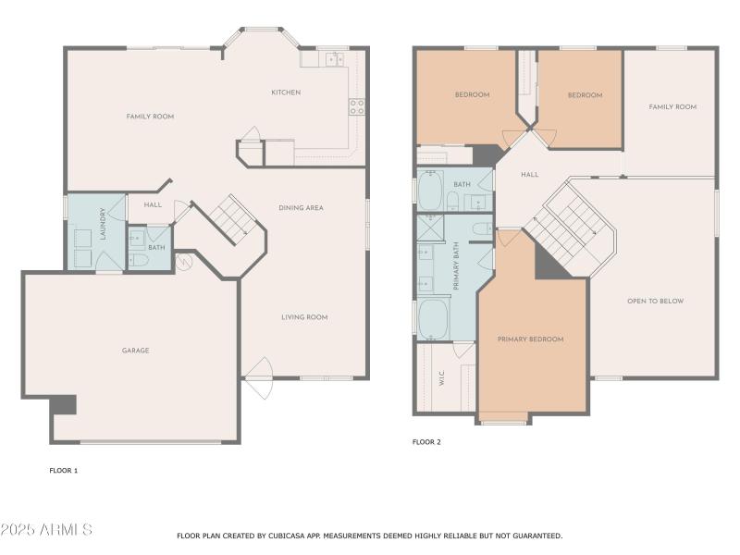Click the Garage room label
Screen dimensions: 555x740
pyautogui.click(x=135, y=351)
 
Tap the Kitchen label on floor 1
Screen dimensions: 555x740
pyautogui.click(x=285, y=92)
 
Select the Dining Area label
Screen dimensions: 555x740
pyautogui.click(x=301, y=208)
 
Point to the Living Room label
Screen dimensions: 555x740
pyautogui.click(x=304, y=317)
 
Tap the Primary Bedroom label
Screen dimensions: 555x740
pyautogui.click(x=530, y=339)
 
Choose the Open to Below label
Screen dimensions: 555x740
pyautogui.click(x=655, y=302)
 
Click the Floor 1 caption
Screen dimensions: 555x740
pyautogui.click(x=64, y=471)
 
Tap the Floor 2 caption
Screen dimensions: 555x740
pyautogui.click(x=426, y=442)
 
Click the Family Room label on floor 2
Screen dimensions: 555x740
pyautogui.click(x=672, y=107)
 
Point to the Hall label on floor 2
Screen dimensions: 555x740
pyautogui.click(x=529, y=175)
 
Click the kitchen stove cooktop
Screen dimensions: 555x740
pyautogui.click(x=356, y=106)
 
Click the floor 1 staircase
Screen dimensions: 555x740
pyautogui.click(x=227, y=219)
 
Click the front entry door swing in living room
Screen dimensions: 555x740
pyautogui.click(x=257, y=377)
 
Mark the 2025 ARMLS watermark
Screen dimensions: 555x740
pyautogui.click(x=46, y=530)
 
